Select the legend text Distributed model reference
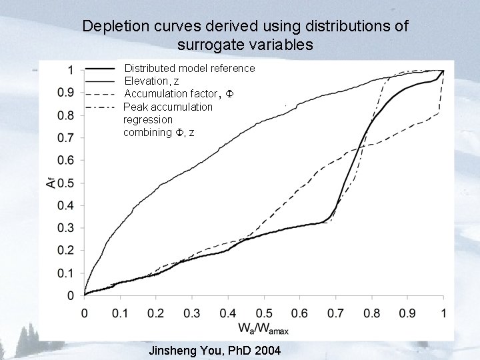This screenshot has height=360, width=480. coord(189,68)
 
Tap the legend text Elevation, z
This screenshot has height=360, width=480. coord(153,81)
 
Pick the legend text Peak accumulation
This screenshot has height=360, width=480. coord(168,107)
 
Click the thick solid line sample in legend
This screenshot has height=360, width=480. coord(101,69)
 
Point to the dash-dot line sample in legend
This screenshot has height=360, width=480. coord(101,106)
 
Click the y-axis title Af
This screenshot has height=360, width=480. coord(51,181)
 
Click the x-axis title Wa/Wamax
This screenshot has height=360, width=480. coord(264,329)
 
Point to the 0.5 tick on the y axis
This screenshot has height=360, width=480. coord(65,183)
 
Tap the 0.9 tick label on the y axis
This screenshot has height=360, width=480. coord(65,93)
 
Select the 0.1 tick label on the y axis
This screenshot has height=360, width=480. coord(65,273)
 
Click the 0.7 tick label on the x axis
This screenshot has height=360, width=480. coord(335,313)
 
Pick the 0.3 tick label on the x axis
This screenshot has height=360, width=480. coord(191,313)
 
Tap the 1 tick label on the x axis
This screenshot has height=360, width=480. coord(443,313)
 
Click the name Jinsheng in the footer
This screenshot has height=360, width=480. coord(175,351)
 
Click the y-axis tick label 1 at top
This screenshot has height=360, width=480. coord(70,70)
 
